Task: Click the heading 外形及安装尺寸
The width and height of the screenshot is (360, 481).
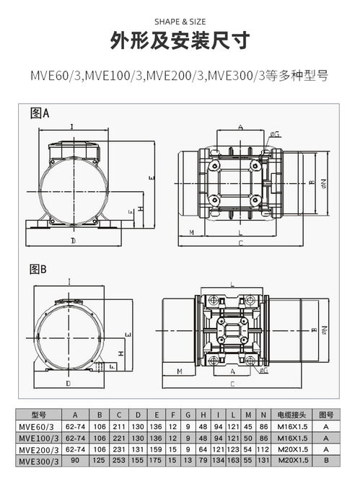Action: coord(180,42)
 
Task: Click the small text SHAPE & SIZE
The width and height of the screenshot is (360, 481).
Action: coord(180,21)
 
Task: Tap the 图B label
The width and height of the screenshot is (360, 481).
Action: coord(38,269)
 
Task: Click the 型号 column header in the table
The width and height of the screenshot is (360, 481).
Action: coord(39,415)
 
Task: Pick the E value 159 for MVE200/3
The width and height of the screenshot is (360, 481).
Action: coord(156,449)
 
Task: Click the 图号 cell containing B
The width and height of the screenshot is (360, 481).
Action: coord(326,460)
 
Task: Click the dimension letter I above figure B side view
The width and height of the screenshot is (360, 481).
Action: coord(68,281)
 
